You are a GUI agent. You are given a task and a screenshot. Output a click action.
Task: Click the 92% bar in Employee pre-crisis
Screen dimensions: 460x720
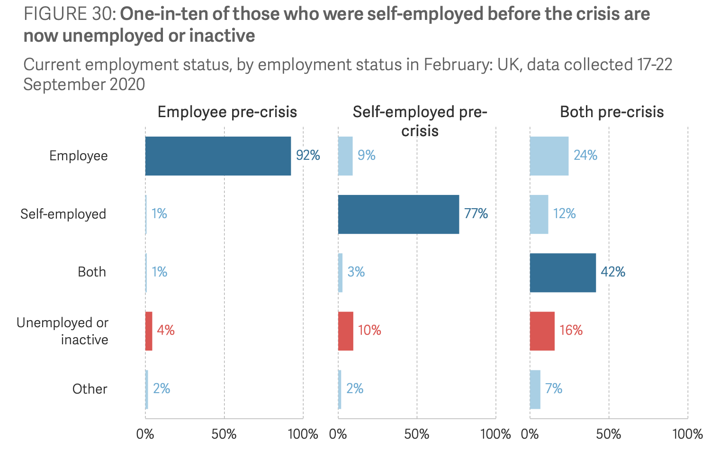[218, 156]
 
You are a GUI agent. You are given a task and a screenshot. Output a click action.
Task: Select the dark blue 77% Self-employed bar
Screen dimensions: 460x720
[398, 214]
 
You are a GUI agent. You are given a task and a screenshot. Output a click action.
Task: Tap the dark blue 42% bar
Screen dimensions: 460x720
[563, 273]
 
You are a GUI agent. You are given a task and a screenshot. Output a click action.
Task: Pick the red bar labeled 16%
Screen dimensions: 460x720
[542, 331]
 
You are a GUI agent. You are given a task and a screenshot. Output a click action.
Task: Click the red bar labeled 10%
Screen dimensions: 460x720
[345, 331]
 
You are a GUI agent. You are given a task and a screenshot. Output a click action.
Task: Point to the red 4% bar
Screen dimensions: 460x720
[149, 331]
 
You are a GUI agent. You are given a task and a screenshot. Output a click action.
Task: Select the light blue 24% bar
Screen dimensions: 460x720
[549, 156]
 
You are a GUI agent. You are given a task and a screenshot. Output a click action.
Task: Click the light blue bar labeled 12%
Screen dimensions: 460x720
[539, 214]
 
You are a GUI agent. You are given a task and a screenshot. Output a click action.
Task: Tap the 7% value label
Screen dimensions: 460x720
[553, 389]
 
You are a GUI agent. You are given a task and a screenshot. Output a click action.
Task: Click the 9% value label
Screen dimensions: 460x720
[366, 156]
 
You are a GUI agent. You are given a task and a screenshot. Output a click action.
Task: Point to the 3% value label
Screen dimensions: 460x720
[356, 272]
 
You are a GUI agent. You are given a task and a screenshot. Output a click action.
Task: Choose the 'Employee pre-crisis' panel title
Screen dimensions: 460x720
[227, 112]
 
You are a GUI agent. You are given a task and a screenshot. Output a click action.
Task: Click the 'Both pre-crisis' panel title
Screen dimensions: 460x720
[612, 112]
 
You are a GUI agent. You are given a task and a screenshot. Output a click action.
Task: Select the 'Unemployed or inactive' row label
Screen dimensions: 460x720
[63, 331]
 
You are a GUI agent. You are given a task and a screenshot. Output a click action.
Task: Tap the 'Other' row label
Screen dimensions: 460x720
[90, 389]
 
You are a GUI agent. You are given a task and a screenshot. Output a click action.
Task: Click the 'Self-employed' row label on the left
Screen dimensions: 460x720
[63, 214]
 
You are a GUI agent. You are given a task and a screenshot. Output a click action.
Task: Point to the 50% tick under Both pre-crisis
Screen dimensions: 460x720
[608, 434]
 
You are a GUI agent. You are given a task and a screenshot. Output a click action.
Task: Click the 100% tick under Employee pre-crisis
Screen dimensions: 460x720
[303, 434]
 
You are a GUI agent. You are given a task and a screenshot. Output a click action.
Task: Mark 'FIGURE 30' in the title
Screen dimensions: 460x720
[67, 14]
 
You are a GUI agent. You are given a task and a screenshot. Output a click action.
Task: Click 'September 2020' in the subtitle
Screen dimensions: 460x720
[84, 84]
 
